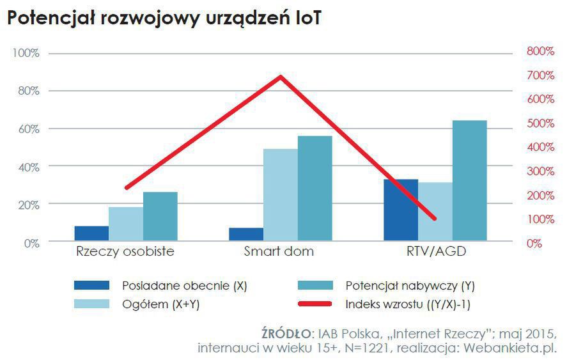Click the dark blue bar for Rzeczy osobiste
click(x=91, y=234)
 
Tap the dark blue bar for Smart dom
click(x=245, y=235)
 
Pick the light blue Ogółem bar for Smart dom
click(x=280, y=196)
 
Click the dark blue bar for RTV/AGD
click(x=400, y=210)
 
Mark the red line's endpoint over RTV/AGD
click(x=435, y=219)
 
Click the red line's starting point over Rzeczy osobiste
click(x=126, y=187)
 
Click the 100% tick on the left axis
click(x=26, y=53)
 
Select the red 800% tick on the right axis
click(x=540, y=51)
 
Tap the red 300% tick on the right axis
click(x=540, y=171)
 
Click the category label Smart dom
click(x=279, y=251)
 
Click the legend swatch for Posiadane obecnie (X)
click(x=92, y=285)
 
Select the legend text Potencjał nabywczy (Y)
click(x=409, y=285)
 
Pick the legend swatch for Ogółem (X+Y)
click(x=92, y=305)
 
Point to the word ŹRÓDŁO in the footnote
click(x=284, y=334)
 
